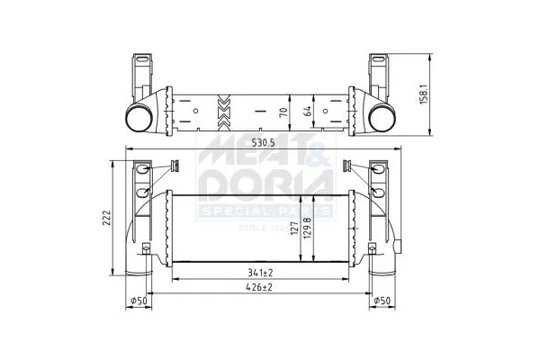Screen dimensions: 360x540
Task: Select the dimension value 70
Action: tap(283, 112)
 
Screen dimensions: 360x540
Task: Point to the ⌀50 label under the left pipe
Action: tap(139, 301)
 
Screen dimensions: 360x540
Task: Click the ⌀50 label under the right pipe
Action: tap(382, 301)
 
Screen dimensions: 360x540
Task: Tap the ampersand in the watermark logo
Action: tap(318, 150)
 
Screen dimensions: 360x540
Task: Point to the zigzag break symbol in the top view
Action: tap(223, 111)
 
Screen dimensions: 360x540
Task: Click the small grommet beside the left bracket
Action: tap(176, 164)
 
